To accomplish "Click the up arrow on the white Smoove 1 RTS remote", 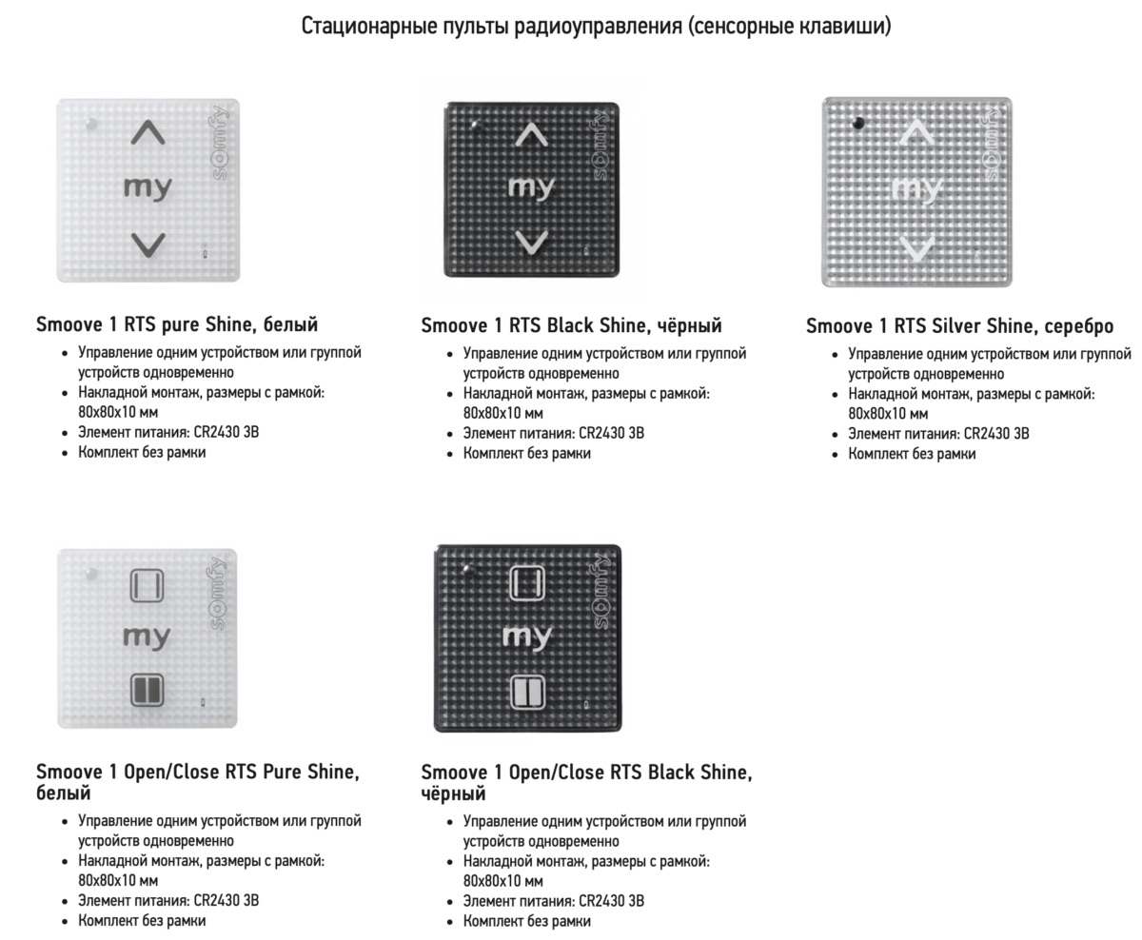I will tap(148, 134).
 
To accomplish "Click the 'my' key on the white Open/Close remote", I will tap(147, 636).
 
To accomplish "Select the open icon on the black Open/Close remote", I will tap(526, 582).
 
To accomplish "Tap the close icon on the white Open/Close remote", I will tap(147, 689).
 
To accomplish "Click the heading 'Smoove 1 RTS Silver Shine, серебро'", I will tap(959, 326).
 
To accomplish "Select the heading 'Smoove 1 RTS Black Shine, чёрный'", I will tap(571, 326).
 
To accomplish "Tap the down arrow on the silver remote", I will tap(916, 249).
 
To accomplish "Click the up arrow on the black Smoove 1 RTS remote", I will tap(531, 135).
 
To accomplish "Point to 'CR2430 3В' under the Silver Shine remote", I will tap(996, 434).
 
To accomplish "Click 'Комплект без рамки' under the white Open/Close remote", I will tap(142, 921).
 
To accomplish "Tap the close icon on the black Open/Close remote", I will tap(526, 691).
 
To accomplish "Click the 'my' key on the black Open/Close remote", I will tap(526, 636).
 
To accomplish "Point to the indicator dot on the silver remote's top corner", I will tap(858, 123).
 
